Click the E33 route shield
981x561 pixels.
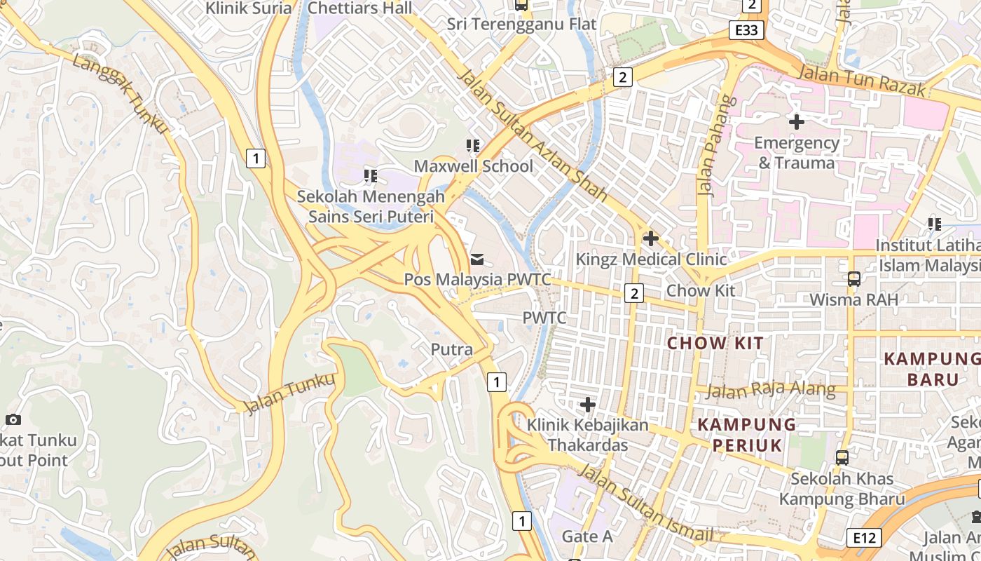746,30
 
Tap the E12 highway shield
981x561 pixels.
863,538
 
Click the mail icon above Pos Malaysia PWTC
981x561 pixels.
477,260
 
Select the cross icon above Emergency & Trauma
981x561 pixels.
796,122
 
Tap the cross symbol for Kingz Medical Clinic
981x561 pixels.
650,238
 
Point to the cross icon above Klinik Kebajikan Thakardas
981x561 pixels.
587,405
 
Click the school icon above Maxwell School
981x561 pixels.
473,146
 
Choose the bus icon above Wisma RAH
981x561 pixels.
853,278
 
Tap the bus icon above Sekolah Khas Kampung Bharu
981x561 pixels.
842,458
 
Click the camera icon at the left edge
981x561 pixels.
13,419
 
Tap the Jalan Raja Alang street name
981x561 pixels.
771,390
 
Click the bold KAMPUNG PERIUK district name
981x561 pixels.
747,434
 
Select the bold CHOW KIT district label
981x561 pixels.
715,343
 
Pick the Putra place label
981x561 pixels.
451,349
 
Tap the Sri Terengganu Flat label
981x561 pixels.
522,24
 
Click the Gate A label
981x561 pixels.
587,536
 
